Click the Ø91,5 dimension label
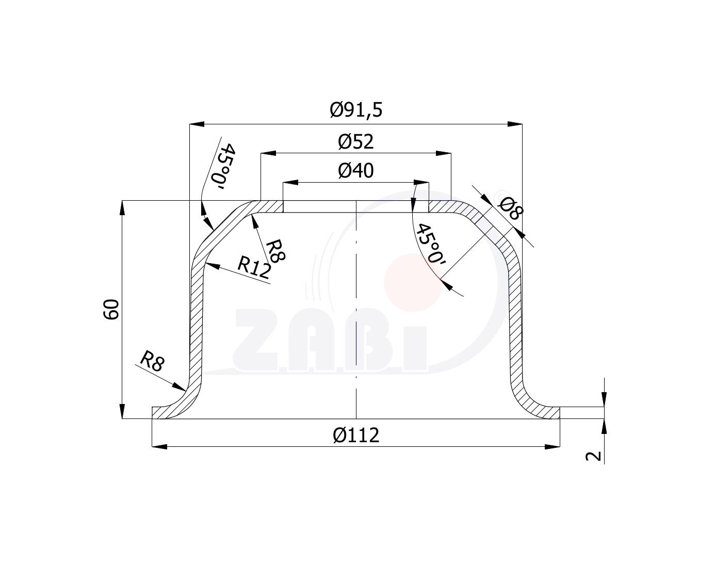pos(356,110)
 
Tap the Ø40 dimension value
pos(356,171)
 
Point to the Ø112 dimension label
pos(356,435)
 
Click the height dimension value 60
pos(111,310)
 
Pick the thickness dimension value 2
pos(593,456)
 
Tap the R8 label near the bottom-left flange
pos(152,361)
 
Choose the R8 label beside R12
pos(275,251)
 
